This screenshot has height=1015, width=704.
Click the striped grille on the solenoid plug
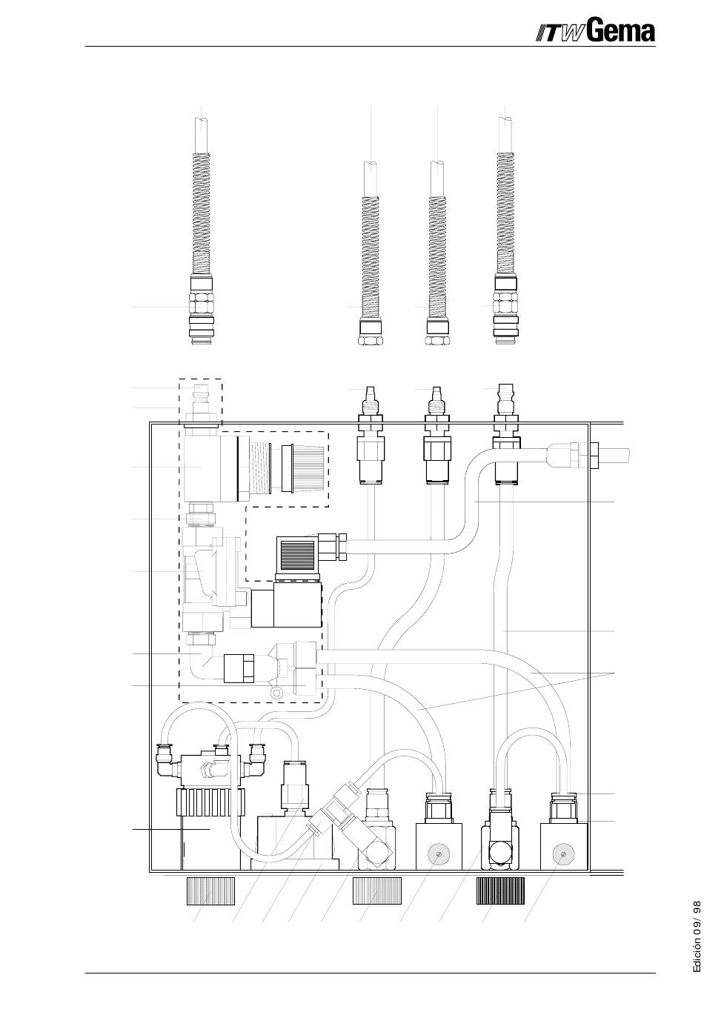[x=295, y=554]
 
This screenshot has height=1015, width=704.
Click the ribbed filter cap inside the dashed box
[x=308, y=467]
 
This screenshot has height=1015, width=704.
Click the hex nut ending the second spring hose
[x=371, y=341]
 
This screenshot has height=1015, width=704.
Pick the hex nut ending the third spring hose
[x=436, y=341]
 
